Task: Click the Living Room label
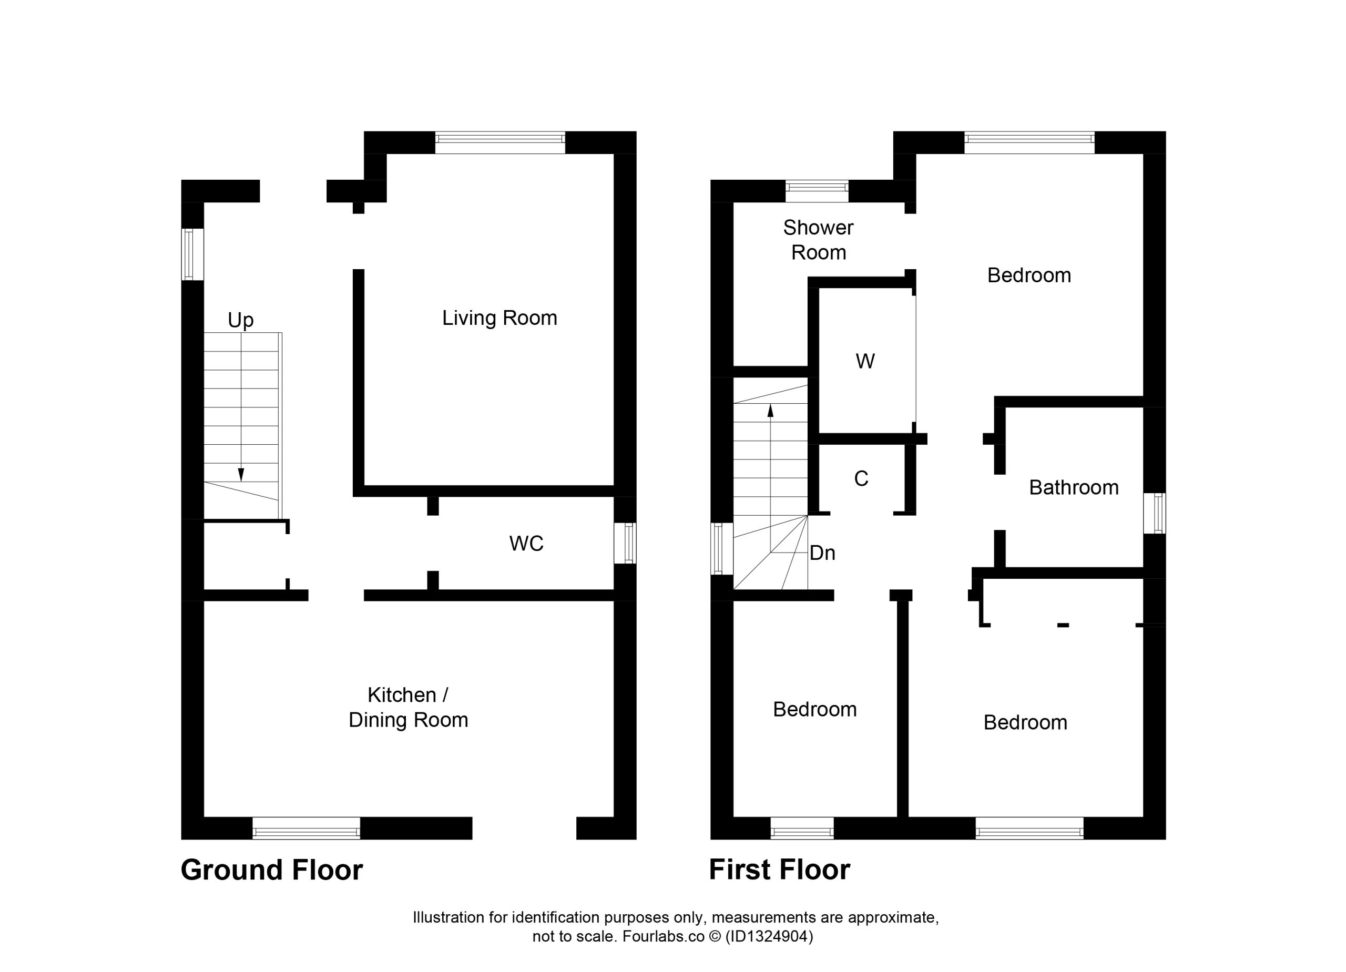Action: [499, 318]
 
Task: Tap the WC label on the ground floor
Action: [526, 544]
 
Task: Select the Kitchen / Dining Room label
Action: [409, 708]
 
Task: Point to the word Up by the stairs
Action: [240, 321]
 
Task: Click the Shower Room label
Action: [819, 240]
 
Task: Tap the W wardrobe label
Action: [865, 361]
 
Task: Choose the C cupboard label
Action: [861, 479]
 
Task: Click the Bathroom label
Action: [1074, 488]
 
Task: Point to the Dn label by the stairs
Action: [822, 553]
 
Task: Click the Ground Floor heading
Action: [272, 870]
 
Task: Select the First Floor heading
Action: [780, 870]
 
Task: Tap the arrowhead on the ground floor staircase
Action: [241, 474]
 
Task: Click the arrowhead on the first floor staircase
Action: [770, 411]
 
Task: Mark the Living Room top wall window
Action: [501, 142]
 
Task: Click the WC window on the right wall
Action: [625, 543]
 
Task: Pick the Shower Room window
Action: [817, 191]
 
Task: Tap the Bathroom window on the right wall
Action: [1154, 513]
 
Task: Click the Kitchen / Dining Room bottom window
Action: [306, 828]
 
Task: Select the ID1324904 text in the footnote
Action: [769, 936]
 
